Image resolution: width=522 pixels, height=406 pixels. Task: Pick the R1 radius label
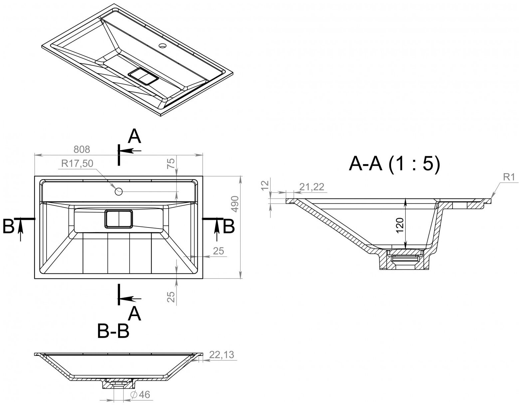click(508, 178)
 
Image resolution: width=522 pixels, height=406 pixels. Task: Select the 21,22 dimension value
click(312, 187)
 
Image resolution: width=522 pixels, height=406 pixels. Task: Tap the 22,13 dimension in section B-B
click(222, 355)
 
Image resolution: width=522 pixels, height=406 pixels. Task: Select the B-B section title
click(113, 332)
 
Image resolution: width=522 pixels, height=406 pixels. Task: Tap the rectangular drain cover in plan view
click(119, 219)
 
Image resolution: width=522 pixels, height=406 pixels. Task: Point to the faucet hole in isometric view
click(163, 45)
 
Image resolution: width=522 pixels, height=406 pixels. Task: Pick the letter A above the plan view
click(135, 137)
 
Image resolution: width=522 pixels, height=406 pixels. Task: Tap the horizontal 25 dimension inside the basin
click(218, 251)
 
